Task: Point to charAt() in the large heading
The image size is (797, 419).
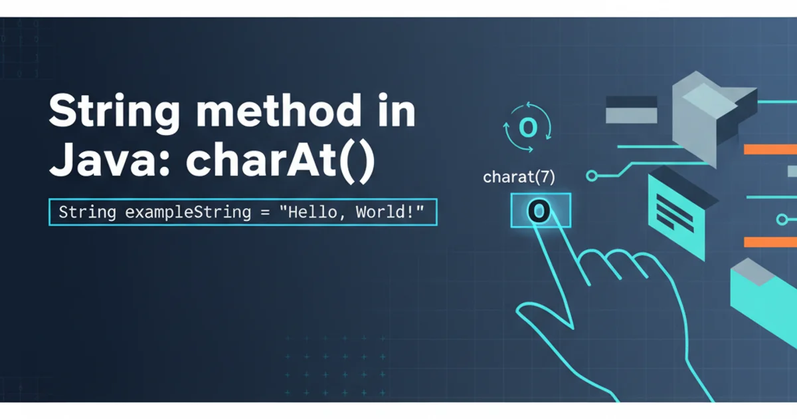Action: point(280,161)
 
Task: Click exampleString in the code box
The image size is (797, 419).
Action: point(188,212)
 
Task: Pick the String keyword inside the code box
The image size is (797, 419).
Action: point(88,212)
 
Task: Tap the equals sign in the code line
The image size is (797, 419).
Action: point(265,213)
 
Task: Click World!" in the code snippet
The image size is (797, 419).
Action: point(390,212)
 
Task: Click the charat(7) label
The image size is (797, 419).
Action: point(519,177)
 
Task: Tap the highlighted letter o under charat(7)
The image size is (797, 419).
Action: point(539,211)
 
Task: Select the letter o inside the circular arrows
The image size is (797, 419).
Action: point(528,127)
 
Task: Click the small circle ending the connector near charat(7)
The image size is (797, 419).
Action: point(592,176)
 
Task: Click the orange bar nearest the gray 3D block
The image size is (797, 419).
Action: point(770,149)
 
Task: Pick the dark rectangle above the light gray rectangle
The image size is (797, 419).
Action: point(631,101)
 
